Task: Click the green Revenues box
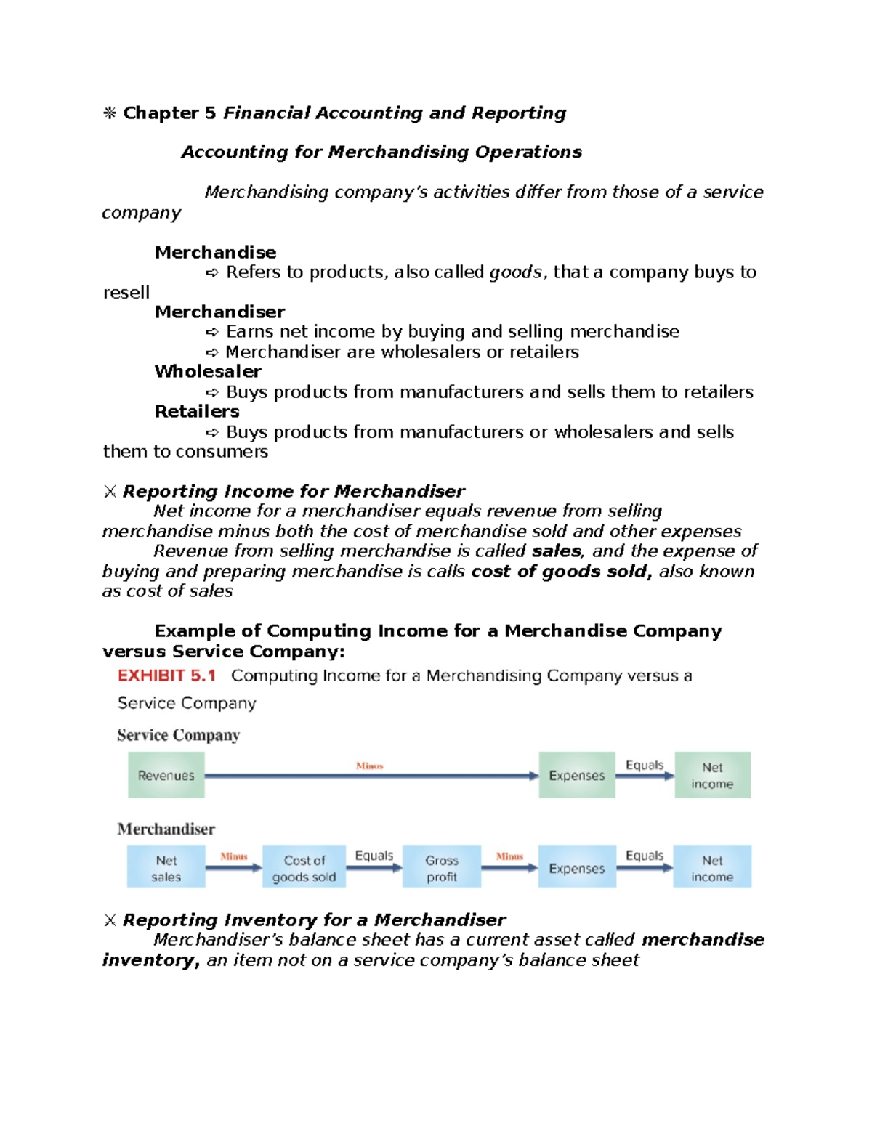point(166,775)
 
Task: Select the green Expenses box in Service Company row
point(576,775)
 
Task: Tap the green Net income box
point(712,775)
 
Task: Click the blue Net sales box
point(166,867)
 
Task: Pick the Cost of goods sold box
point(304,867)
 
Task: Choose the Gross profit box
point(442,867)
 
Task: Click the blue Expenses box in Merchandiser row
point(576,867)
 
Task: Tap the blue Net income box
point(712,867)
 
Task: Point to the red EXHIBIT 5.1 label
point(167,675)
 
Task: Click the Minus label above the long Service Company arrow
point(369,766)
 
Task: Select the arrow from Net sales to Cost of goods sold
point(234,867)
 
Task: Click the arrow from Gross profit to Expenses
point(509,867)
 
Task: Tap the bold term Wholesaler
point(208,371)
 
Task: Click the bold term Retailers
point(197,411)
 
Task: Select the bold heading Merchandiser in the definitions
point(219,312)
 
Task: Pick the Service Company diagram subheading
point(178,735)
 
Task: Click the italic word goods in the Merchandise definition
point(515,272)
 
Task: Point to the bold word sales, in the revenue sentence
point(557,551)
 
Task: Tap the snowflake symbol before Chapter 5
point(110,113)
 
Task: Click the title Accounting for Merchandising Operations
point(381,152)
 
